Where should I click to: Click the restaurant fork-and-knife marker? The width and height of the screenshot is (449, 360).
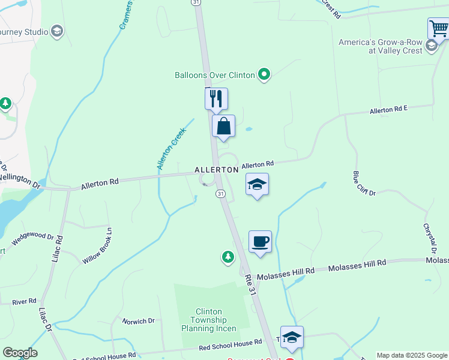click(216, 98)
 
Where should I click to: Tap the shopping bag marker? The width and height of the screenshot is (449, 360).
click(223, 126)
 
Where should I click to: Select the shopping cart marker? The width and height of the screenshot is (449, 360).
click(439, 28)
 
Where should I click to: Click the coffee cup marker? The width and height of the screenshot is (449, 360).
click(260, 242)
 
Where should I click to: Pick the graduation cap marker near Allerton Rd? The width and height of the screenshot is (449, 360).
click(257, 184)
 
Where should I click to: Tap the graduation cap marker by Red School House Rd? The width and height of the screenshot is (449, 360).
click(292, 337)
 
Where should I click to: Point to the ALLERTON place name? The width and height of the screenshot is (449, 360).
click(217, 170)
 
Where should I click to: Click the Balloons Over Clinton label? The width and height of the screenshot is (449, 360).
click(214, 76)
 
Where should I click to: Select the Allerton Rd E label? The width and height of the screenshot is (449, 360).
click(388, 110)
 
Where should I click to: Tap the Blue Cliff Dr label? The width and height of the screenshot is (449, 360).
click(364, 184)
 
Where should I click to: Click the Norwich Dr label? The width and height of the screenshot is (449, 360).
click(138, 322)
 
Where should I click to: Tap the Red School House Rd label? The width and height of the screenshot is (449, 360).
click(231, 344)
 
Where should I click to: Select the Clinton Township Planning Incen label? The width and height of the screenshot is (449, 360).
click(209, 320)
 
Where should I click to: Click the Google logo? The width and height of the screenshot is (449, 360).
click(19, 353)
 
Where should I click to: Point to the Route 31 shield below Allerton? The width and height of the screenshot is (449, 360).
click(221, 193)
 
